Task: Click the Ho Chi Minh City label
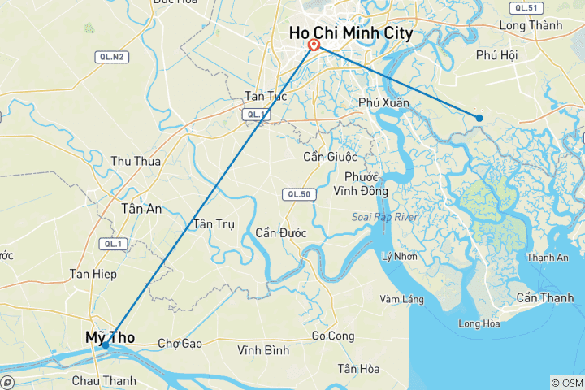tap(352, 34)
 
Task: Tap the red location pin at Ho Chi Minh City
tap(313, 45)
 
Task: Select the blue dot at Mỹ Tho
tap(106, 345)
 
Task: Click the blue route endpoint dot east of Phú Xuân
tap(479, 118)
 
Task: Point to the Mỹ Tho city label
tap(110, 336)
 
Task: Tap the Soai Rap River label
tap(384, 217)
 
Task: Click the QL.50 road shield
tap(294, 194)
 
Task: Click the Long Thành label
tap(531, 25)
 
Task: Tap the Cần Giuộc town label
tap(336, 156)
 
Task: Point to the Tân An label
tap(141, 209)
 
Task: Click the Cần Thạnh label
tap(544, 297)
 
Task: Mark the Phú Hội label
tap(497, 56)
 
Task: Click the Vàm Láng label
tap(401, 299)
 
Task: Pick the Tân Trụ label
tap(214, 224)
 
